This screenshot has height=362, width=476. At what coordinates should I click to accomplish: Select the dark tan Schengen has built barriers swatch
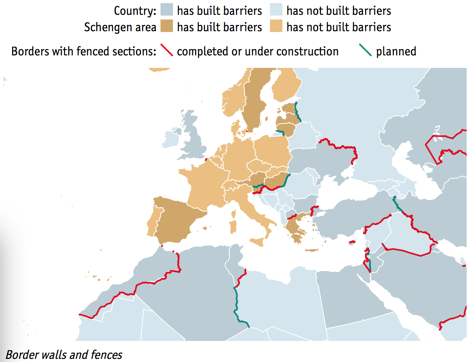click(x=166, y=27)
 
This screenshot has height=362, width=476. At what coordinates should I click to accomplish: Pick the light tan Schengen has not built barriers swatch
click(x=276, y=27)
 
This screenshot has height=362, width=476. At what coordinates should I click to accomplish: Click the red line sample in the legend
click(x=166, y=51)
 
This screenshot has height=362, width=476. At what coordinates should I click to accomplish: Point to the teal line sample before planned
click(x=365, y=51)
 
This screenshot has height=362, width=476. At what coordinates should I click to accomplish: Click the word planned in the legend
click(x=396, y=51)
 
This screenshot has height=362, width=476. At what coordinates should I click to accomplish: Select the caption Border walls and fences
click(x=64, y=355)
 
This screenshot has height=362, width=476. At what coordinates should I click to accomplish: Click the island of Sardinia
click(x=233, y=226)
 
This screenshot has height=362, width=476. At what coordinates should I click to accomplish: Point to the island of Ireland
click(x=172, y=138)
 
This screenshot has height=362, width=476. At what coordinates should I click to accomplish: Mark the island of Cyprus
click(x=352, y=242)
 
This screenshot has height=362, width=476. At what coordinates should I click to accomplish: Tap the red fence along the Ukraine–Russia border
click(x=339, y=146)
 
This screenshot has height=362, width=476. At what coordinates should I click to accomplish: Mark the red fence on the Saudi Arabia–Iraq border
click(x=405, y=252)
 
